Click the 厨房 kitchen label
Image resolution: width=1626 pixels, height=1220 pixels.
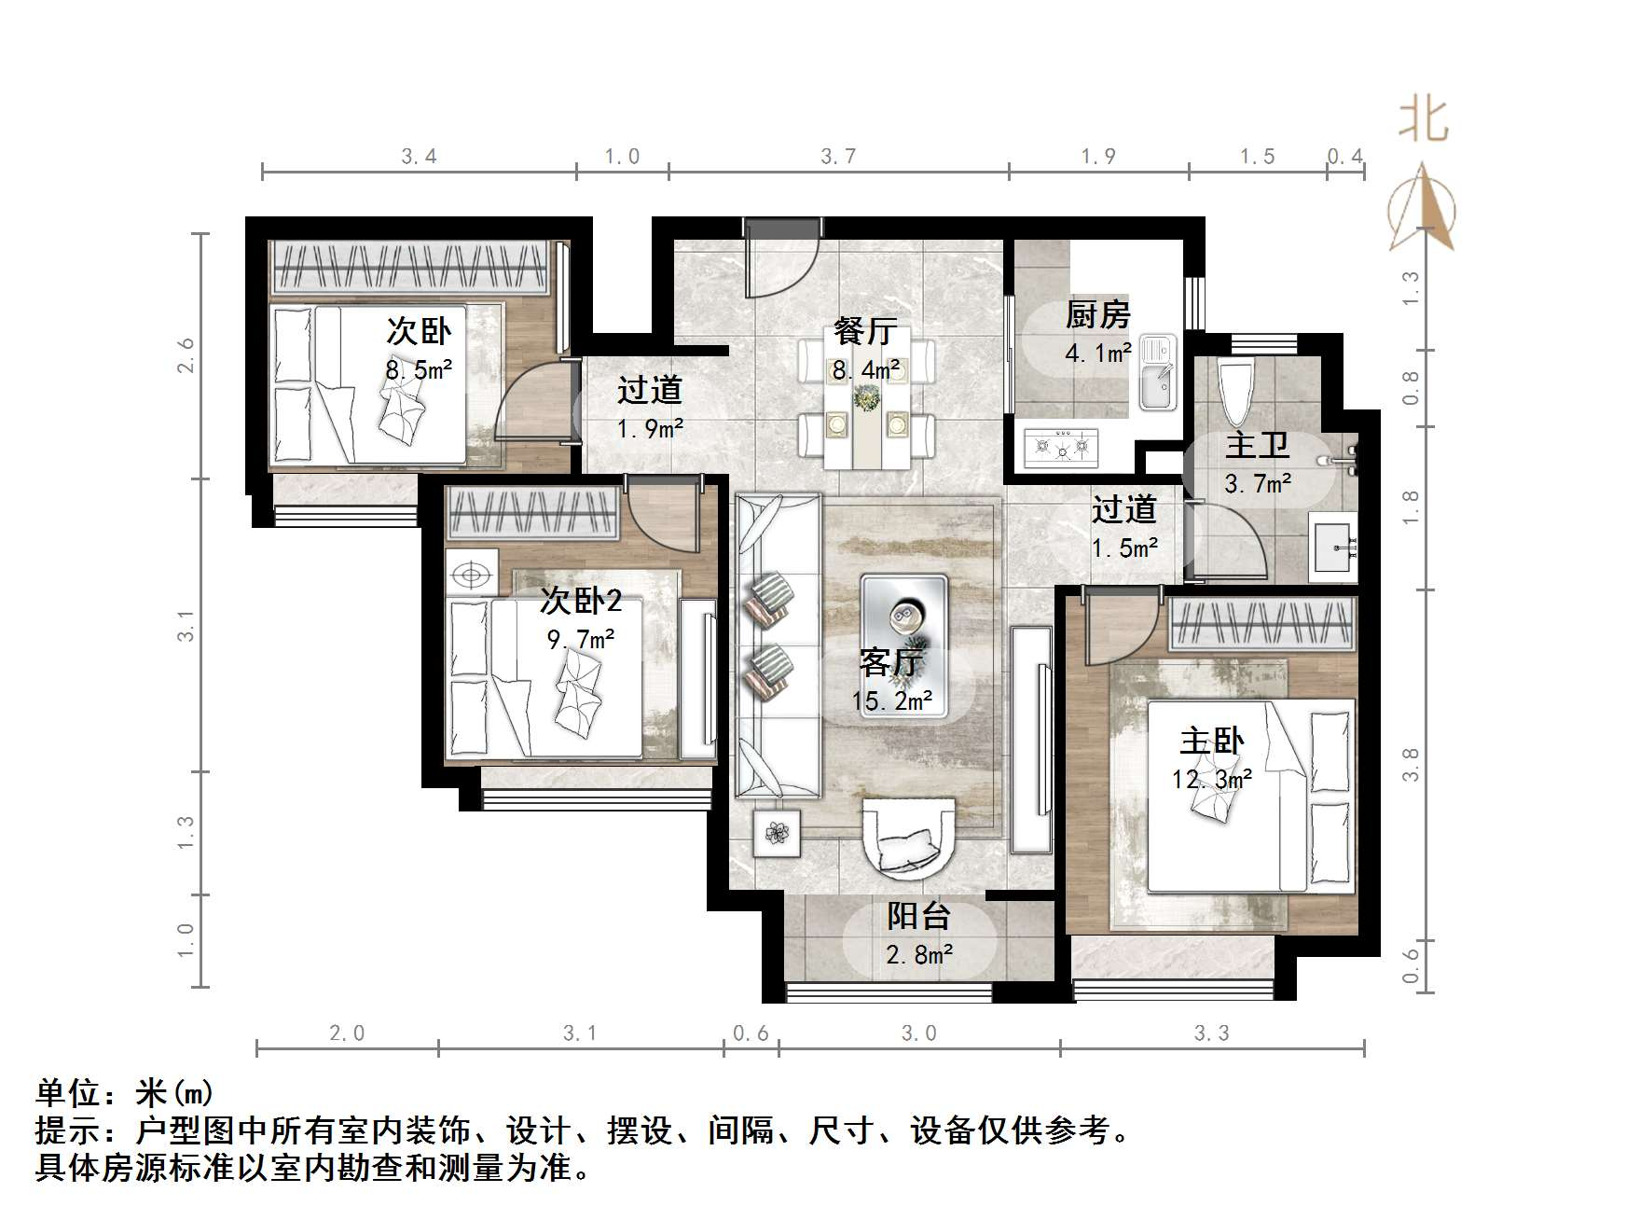(1097, 316)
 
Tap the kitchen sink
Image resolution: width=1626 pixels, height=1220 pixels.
(1157, 373)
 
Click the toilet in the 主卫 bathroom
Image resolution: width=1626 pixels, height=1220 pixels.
(1235, 393)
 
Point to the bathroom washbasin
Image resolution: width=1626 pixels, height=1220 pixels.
(1334, 546)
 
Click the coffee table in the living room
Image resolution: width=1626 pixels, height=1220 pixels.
(903, 616)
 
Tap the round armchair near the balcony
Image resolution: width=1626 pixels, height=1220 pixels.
(909, 838)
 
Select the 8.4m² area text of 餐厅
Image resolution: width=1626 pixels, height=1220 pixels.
(866, 369)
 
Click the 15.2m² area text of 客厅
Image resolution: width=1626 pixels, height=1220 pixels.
(892, 700)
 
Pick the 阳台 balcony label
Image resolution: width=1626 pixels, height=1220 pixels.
(918, 916)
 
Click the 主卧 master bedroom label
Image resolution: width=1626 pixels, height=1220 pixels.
(1211, 742)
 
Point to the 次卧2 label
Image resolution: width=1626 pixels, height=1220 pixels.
(581, 601)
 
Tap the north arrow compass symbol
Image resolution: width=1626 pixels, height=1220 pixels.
(1421, 210)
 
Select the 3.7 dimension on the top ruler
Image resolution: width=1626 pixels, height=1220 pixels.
(837, 157)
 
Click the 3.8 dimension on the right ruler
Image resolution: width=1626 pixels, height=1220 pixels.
(1411, 765)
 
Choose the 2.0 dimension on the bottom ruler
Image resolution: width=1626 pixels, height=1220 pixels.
(347, 1033)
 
